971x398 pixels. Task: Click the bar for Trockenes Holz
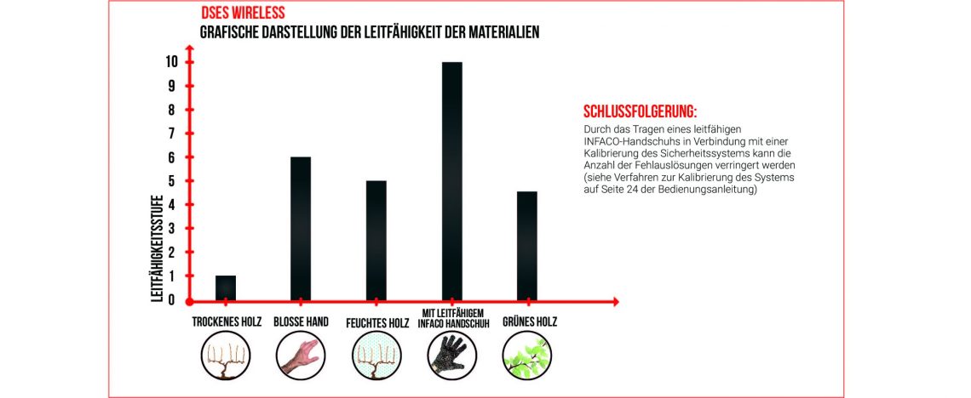coord(226,287)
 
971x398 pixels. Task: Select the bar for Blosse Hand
coord(301,229)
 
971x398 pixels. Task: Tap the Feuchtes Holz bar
coord(376,241)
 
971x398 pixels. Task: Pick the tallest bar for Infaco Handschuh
coord(451,181)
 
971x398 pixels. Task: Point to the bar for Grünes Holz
coord(527,246)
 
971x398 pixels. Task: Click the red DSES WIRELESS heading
coord(243,14)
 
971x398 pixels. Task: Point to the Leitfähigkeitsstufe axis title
coord(157,247)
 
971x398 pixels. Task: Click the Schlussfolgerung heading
coord(640,112)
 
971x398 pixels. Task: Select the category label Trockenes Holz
coord(227,323)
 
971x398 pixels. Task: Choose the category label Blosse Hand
coord(301,323)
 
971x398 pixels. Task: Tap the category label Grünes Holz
coord(529,323)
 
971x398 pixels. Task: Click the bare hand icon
coord(300,354)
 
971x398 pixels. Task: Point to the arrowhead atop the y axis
coord(190,48)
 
